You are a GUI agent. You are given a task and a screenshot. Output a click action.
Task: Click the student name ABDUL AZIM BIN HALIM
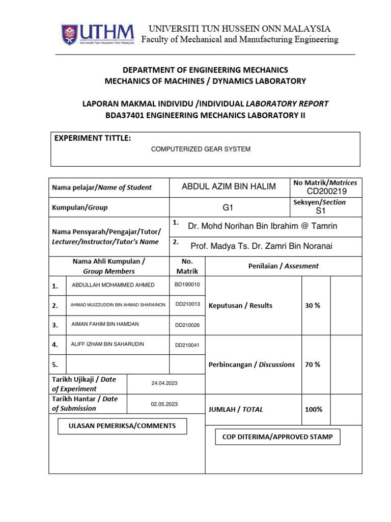(229, 187)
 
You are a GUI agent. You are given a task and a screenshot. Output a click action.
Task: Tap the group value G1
(229, 208)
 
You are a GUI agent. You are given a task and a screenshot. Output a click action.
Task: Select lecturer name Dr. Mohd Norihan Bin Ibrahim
(263, 226)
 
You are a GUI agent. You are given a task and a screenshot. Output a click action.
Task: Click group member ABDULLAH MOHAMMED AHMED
(114, 285)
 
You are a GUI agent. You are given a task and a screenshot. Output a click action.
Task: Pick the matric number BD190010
(187, 284)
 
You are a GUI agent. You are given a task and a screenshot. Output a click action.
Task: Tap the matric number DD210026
(187, 325)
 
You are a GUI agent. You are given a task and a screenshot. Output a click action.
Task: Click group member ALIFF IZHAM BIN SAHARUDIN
(107, 345)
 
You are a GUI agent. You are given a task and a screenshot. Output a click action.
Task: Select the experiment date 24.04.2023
(164, 383)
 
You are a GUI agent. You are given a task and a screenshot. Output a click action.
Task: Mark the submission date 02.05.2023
(164, 404)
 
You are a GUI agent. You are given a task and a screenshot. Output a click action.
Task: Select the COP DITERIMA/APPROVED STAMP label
(278, 437)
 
